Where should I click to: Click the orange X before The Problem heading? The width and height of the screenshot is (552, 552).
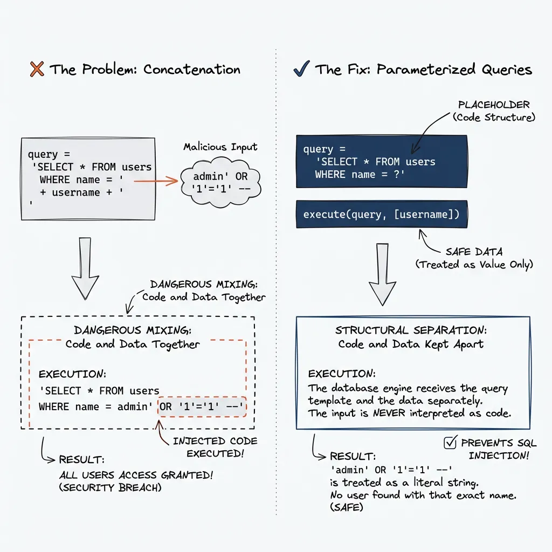(37, 70)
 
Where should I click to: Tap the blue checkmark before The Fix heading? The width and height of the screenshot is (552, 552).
(300, 69)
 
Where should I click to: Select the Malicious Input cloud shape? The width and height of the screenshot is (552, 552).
(219, 183)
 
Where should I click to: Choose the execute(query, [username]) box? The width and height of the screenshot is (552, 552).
(381, 214)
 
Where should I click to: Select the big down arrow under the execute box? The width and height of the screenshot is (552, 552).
(382, 274)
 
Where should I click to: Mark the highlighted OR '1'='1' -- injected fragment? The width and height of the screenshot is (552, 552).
(202, 407)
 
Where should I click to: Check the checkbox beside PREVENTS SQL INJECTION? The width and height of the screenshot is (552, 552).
(449, 443)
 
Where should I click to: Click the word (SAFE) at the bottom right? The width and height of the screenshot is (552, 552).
(346, 508)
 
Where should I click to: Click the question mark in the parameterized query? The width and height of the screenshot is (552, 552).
(399, 175)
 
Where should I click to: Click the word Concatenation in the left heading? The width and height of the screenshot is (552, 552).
(191, 70)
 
